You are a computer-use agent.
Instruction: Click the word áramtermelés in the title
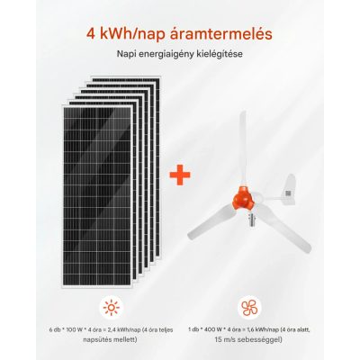(x=220, y=34)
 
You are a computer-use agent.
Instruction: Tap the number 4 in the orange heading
(x=91, y=34)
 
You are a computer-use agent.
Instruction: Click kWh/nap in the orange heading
(x=132, y=35)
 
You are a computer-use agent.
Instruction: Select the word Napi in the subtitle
(x=125, y=54)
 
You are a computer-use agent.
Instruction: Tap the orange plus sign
(x=180, y=175)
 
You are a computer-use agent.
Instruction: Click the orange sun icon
(x=112, y=308)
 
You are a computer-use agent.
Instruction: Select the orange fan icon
(x=249, y=308)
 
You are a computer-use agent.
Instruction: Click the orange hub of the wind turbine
(x=243, y=198)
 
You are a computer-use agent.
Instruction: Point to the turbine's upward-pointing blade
(x=243, y=149)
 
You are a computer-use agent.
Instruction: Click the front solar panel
(x=97, y=196)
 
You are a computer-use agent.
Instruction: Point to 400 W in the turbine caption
(x=209, y=330)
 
